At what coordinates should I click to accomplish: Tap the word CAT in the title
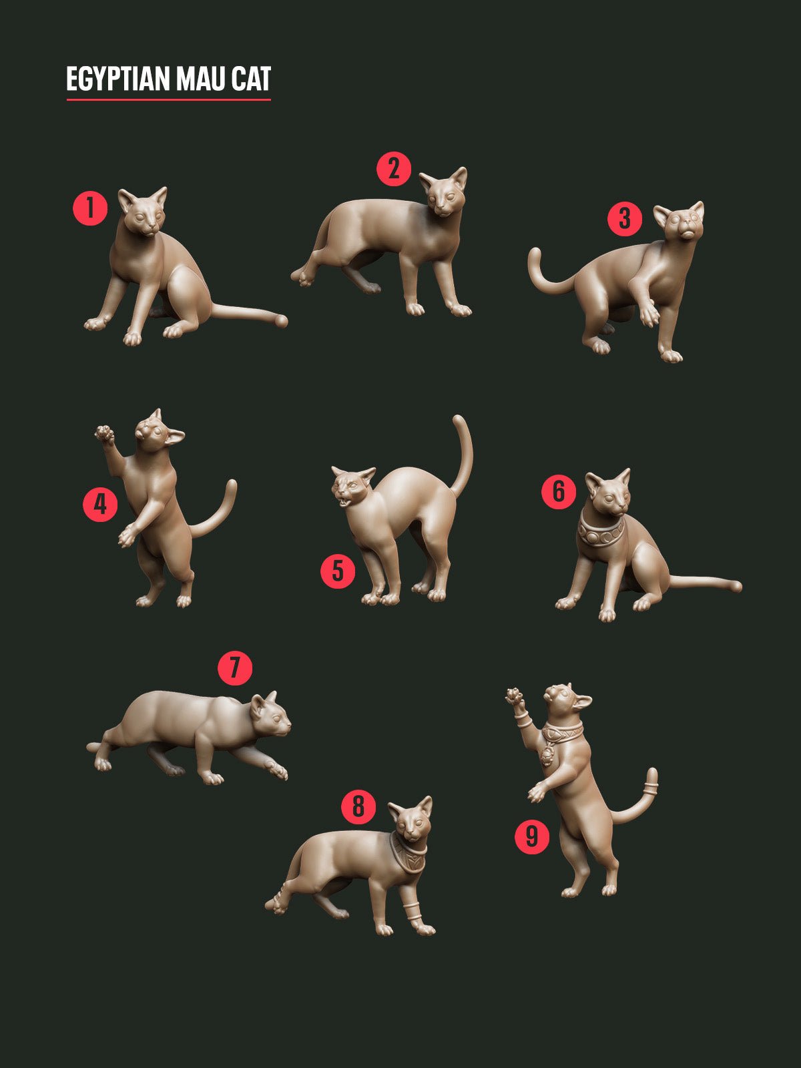251,79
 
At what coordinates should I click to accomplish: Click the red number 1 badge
90,208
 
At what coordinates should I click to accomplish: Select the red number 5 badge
338,571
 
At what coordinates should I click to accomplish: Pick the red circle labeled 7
235,667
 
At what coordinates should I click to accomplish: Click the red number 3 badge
625,218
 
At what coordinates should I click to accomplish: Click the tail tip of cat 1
282,321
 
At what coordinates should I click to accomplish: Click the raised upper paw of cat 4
103,435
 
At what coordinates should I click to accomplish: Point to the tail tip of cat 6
736,587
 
